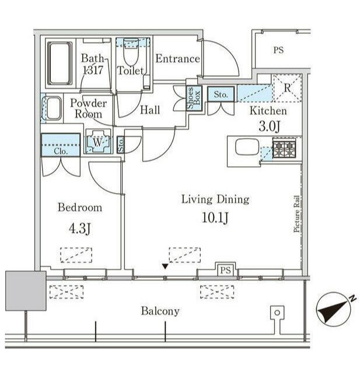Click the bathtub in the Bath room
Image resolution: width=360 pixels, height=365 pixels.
click(x=60, y=64)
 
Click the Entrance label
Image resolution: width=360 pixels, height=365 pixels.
click(x=177, y=59)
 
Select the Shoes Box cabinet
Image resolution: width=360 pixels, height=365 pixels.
click(x=194, y=98)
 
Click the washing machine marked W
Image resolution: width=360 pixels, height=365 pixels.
click(x=98, y=141)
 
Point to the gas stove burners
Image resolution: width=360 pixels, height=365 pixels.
click(x=284, y=148)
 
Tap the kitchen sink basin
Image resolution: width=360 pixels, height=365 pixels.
click(x=247, y=147)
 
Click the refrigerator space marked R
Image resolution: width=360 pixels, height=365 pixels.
click(x=287, y=88)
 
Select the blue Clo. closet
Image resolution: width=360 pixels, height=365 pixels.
click(x=61, y=145)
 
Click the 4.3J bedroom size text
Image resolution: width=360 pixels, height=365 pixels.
click(x=79, y=229)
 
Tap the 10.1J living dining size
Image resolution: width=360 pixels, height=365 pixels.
click(x=215, y=218)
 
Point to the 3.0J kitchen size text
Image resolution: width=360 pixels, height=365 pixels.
click(x=269, y=127)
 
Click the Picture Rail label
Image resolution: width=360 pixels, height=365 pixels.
click(x=296, y=213)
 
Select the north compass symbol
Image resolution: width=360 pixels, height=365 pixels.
click(x=334, y=309)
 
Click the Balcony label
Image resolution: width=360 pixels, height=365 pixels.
click(x=160, y=311)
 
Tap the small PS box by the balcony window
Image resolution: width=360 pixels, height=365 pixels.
click(x=225, y=270)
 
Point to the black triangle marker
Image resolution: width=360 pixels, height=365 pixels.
click(x=165, y=266)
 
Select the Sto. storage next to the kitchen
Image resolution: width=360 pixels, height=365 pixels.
click(x=221, y=94)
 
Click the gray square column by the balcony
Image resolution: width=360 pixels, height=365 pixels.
click(x=26, y=290)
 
